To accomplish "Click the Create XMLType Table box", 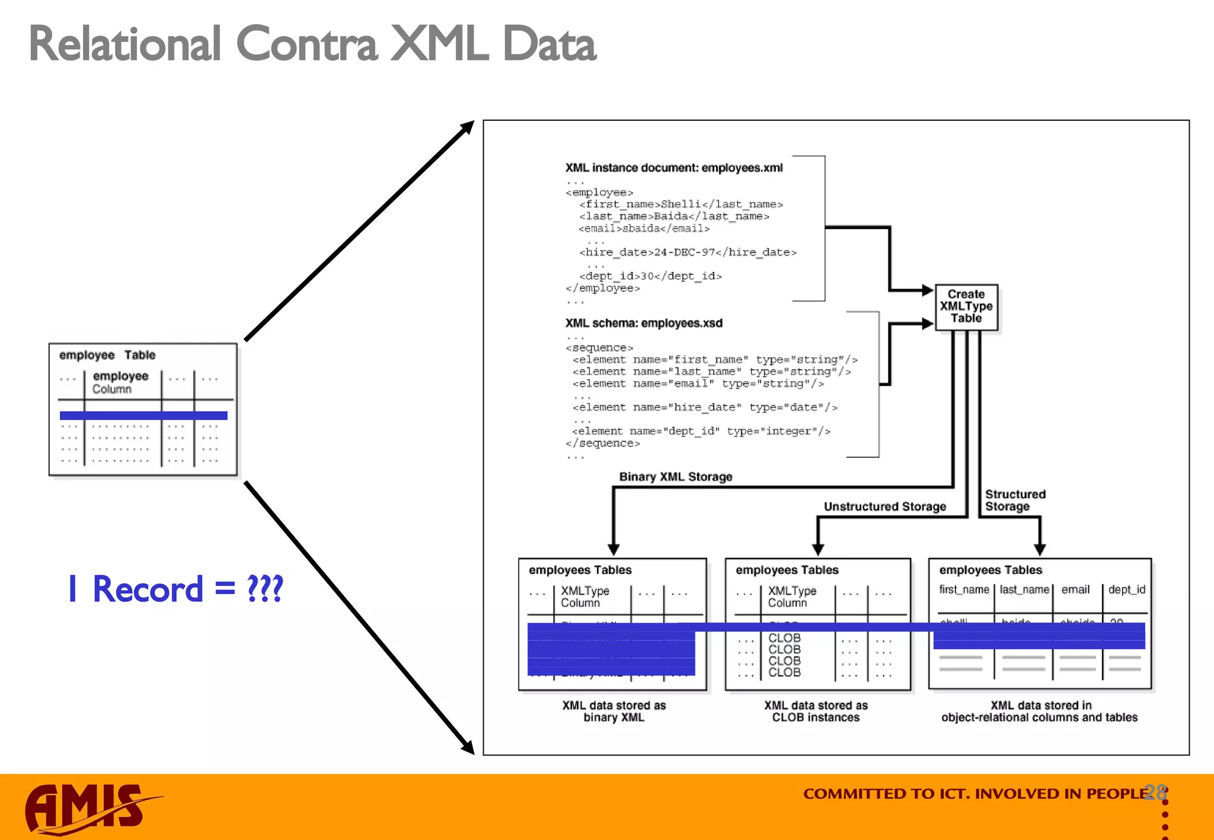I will (x=966, y=306).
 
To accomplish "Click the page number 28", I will (x=1155, y=792).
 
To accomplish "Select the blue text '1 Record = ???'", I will (x=176, y=589).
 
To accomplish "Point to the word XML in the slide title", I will (x=439, y=44).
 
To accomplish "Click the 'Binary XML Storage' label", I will (x=675, y=477).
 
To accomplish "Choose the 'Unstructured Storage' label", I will (x=884, y=506).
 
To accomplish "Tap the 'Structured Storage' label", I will (x=1014, y=500).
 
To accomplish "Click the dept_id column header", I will (x=1126, y=589).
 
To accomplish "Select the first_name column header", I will (x=964, y=589).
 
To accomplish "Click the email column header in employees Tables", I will (x=1075, y=589).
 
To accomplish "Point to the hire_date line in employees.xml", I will (x=688, y=252).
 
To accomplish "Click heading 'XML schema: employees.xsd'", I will (x=644, y=323).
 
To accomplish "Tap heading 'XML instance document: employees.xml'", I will (x=673, y=168).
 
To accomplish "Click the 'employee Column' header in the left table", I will (x=120, y=382).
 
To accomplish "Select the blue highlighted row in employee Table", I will (x=143, y=415).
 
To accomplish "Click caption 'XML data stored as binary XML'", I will (x=614, y=711).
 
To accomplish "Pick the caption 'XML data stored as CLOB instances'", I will (x=816, y=711).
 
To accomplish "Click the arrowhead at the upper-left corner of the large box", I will (x=468, y=127).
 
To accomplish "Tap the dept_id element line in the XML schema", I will (x=701, y=431).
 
